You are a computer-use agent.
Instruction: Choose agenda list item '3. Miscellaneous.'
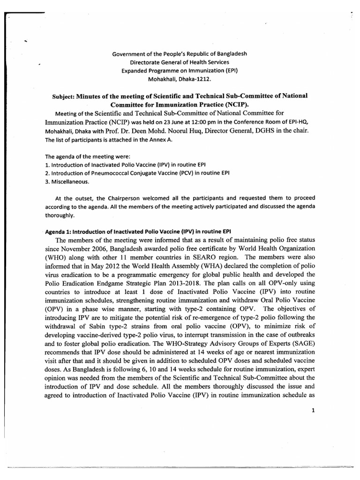pos(66,181)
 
